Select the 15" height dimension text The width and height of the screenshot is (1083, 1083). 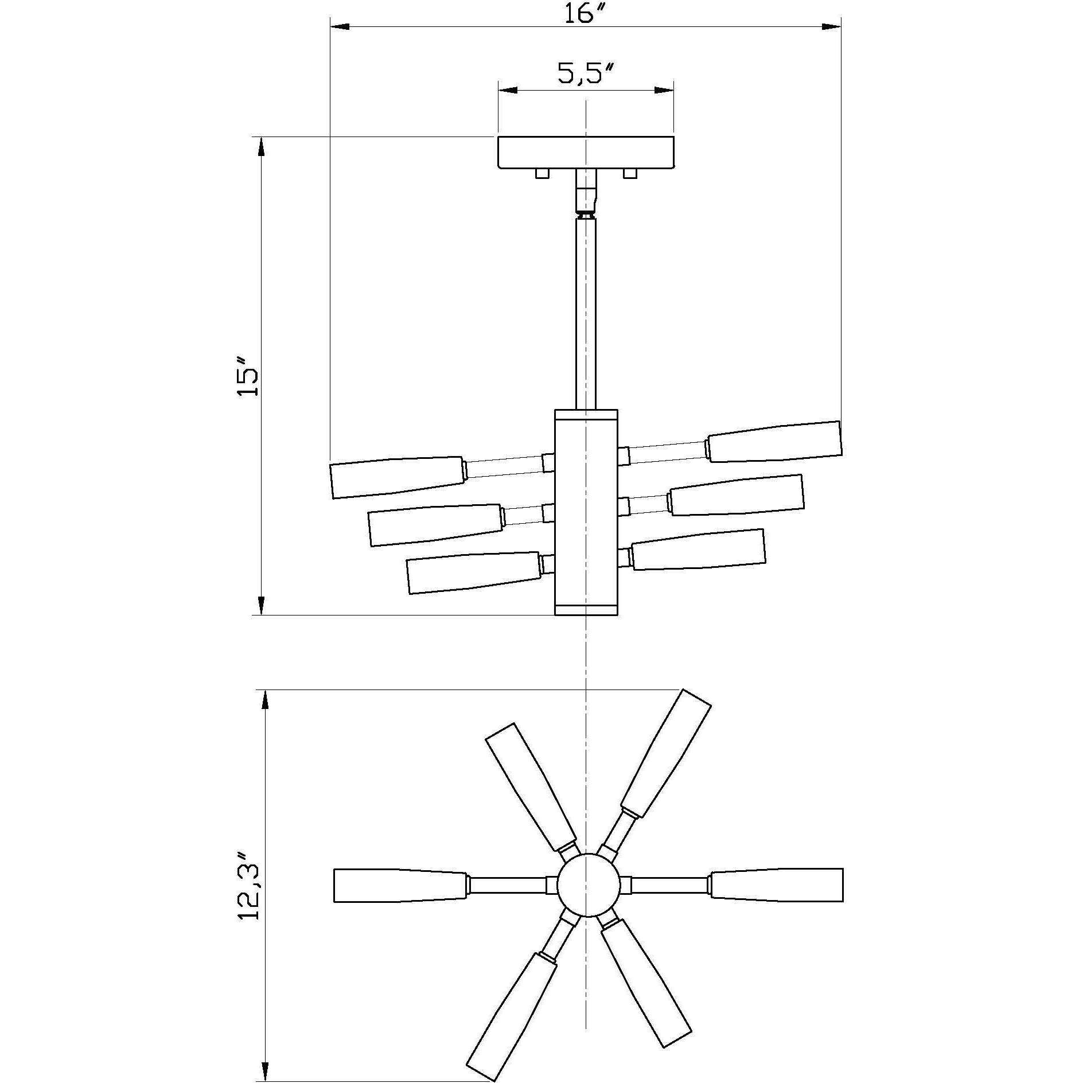(x=248, y=376)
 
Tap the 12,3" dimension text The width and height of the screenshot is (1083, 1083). (x=249, y=886)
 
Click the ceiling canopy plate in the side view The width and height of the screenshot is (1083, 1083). (x=585, y=152)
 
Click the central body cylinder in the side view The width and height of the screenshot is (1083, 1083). (x=586, y=511)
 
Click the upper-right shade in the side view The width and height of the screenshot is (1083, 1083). (x=774, y=442)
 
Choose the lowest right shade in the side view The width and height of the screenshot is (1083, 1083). (x=698, y=549)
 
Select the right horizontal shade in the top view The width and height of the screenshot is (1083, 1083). (x=777, y=901)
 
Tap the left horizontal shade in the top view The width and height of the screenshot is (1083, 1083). (x=400, y=901)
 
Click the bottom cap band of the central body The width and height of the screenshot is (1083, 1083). (x=586, y=609)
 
